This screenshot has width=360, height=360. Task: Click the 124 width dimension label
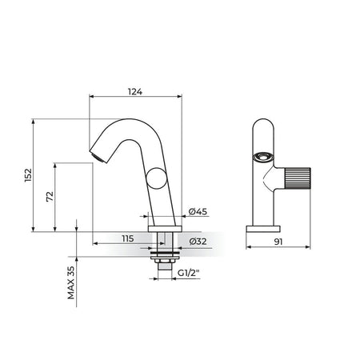coord(135,91)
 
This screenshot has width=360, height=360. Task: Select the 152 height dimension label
coord(28,175)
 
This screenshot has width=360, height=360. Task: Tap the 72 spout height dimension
coord(50,197)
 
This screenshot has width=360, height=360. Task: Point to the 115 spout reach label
coord(128,238)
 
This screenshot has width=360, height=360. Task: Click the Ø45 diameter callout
coord(198,211)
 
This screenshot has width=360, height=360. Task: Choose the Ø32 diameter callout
coord(198,242)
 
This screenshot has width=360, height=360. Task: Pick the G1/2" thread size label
coord(189,273)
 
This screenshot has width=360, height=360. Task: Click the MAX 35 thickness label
coord(71,283)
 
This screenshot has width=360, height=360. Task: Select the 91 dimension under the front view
coord(278,242)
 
